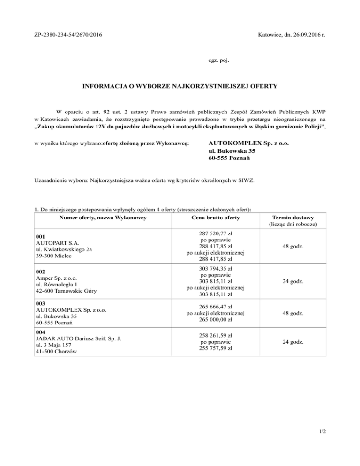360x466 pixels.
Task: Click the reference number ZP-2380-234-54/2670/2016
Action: pos(69,35)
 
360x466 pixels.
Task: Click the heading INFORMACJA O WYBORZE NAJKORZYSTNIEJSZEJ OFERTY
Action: pos(180,86)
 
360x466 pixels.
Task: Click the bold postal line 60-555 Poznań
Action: pos(229,158)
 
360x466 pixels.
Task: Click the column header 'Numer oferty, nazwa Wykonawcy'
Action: pos(103,218)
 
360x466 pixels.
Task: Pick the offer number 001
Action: pos(41,237)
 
